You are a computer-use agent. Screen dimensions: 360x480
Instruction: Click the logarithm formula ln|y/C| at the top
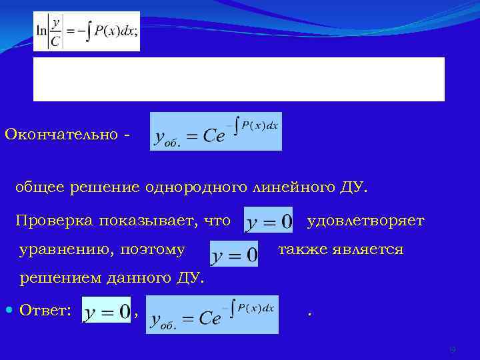tap(87, 31)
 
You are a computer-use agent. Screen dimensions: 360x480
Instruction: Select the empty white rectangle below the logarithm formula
tap(239, 79)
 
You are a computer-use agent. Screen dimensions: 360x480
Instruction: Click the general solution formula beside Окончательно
tap(216, 131)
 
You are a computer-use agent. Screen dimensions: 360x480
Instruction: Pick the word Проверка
tap(53, 221)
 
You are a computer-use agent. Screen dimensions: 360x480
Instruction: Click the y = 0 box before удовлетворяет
tap(269, 221)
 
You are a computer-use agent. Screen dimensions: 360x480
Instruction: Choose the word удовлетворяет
tap(365, 221)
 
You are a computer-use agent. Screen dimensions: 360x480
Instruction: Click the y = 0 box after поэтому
tap(234, 253)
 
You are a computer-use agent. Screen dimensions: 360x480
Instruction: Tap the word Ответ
tap(45, 310)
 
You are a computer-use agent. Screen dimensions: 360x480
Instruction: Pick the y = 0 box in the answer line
tap(106, 311)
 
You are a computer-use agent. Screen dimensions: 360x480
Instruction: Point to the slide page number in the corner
tap(453, 349)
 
